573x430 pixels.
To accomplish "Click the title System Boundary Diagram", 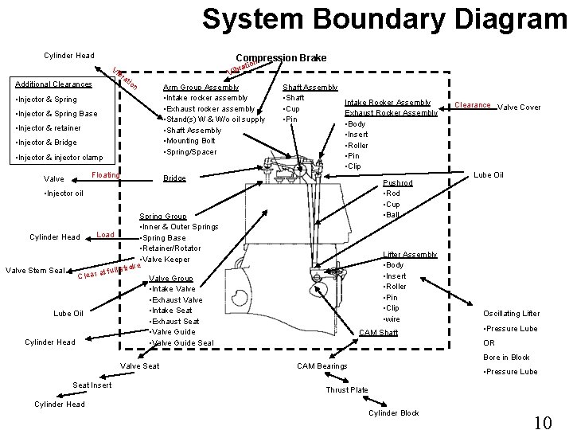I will coord(384,18).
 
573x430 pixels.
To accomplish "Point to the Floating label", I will coord(106,174).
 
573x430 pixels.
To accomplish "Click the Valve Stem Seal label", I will coord(36,270).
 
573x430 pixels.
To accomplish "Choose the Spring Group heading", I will coord(163,216).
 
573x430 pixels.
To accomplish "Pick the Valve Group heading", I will coord(171,278).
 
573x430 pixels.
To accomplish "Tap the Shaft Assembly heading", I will coord(311,87).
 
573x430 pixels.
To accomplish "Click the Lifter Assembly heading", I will coord(410,254).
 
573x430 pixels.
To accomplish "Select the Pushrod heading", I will coord(399,182).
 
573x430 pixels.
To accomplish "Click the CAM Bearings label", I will coord(322,365).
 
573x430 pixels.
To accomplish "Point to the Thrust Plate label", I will coord(347,389).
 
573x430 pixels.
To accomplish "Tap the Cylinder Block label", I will coord(394,413).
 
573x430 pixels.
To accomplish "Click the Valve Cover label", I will coord(519,107).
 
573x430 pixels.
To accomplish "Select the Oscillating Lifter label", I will coord(511,314).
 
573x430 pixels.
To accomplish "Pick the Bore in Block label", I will coord(506,358).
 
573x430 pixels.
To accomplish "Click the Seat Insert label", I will coord(92,385).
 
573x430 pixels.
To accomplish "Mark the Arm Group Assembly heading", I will coord(200,87).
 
